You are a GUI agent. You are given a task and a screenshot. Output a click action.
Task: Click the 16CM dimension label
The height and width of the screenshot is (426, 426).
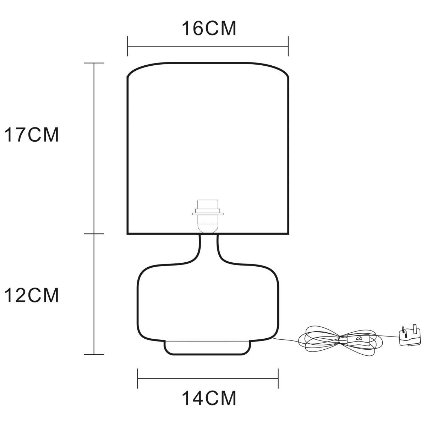click(209, 28)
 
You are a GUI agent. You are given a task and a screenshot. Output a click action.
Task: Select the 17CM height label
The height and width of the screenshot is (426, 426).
click(32, 135)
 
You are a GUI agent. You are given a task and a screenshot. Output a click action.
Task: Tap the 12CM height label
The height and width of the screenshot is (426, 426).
click(32, 295)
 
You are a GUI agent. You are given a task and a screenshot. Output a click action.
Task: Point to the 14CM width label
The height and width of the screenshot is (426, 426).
click(209, 398)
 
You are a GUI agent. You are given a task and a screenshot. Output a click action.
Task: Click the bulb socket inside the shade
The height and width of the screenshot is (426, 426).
click(208, 217)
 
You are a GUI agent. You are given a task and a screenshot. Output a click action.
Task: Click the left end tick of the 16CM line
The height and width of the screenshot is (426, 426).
click(127, 46)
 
